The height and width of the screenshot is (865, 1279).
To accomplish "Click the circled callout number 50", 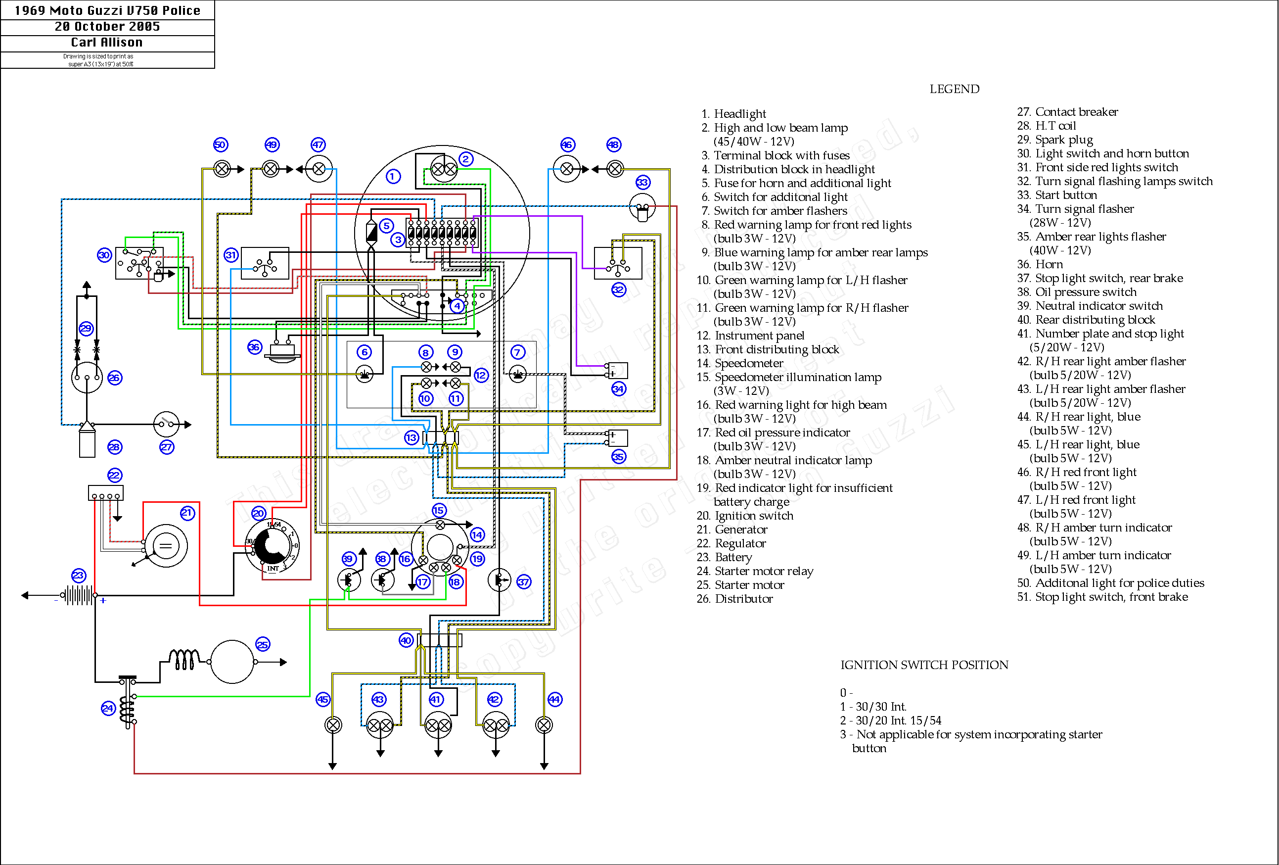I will tap(220, 145).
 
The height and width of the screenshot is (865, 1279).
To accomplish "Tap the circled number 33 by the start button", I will tap(643, 182).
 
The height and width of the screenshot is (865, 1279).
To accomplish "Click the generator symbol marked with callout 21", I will tap(166, 546).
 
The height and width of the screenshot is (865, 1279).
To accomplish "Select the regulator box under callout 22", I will tap(106, 492).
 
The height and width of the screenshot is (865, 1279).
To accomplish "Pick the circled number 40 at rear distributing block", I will tap(406, 640).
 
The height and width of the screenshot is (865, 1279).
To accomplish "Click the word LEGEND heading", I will tap(954, 89).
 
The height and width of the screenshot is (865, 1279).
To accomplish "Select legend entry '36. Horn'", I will tap(1040, 264).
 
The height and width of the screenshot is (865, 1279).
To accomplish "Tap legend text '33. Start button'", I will tap(1056, 195).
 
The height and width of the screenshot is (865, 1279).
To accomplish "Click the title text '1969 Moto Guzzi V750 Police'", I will tap(107, 10).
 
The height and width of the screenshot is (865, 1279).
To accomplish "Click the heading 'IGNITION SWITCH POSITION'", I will tap(924, 665).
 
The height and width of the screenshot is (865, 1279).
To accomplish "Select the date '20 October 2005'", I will tap(107, 26).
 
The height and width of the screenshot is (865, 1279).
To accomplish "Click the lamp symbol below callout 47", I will tap(319, 169).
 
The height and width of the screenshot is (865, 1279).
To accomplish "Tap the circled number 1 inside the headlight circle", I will tap(393, 176).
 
